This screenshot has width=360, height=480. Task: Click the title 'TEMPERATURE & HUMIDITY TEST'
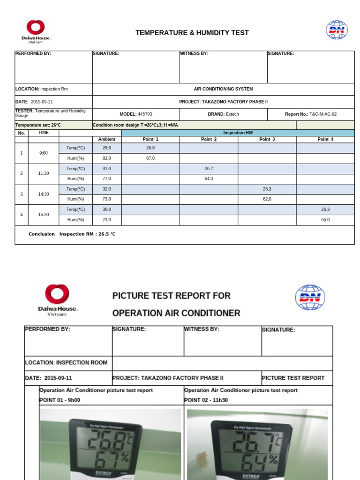(x=192, y=33)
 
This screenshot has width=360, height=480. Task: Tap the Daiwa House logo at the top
(x=36, y=31)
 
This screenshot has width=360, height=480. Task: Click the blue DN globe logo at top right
(x=337, y=30)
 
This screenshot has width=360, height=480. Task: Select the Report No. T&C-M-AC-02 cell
(x=311, y=114)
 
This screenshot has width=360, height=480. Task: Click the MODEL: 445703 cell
(x=136, y=114)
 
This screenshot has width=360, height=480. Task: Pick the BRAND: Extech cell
(x=223, y=114)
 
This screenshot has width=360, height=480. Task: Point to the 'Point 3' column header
(x=267, y=139)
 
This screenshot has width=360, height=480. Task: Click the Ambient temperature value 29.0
(x=107, y=148)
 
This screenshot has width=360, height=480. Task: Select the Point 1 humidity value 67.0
(x=150, y=158)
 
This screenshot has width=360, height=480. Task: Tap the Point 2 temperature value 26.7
(x=209, y=168)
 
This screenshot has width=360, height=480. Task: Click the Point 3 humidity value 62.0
(x=267, y=199)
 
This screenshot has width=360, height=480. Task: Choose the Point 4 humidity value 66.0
(x=325, y=219)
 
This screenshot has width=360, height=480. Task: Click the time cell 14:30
(x=44, y=194)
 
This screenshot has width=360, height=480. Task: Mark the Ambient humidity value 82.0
(x=107, y=158)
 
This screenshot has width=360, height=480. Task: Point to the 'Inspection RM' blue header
(x=238, y=133)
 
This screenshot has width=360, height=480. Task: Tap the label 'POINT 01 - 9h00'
(x=60, y=400)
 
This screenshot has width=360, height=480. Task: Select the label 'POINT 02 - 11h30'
(x=206, y=400)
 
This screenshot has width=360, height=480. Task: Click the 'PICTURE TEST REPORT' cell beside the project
(x=293, y=378)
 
